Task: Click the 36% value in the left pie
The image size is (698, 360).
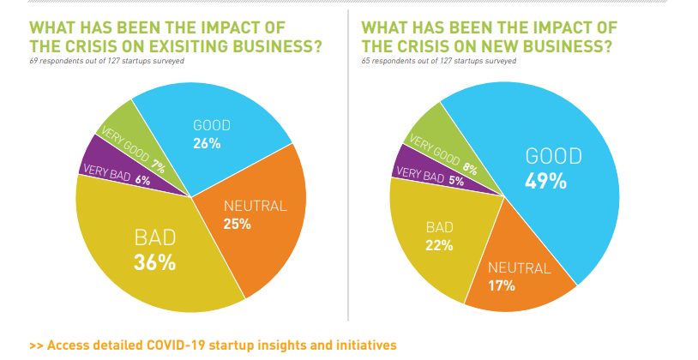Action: (x=154, y=262)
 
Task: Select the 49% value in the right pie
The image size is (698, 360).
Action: (x=546, y=182)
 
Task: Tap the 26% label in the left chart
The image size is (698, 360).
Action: (x=206, y=143)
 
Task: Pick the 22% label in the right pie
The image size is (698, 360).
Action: (x=442, y=245)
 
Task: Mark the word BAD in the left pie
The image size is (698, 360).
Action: (x=154, y=237)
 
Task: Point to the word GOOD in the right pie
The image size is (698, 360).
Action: (x=553, y=156)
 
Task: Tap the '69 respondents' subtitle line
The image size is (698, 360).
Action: (x=104, y=62)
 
